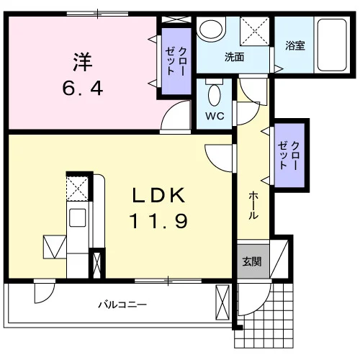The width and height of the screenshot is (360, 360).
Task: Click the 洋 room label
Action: tap(83, 61)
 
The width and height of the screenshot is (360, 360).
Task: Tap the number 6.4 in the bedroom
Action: tap(83, 88)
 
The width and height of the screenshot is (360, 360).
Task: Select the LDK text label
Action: tap(159, 195)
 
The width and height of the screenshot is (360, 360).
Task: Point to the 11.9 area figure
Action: tap(158, 221)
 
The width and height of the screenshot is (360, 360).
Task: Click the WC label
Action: tap(215, 116)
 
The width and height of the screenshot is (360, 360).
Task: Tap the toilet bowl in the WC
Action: tap(215, 95)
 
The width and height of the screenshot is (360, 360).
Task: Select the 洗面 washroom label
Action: tap(234, 57)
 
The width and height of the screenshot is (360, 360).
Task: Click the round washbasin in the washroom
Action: tap(211, 30)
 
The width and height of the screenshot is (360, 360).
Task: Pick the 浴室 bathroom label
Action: tap(295, 45)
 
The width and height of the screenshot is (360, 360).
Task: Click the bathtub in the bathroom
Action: tap(332, 45)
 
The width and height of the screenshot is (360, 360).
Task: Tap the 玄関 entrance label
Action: tap(252, 261)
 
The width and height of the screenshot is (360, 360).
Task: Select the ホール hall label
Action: tap(253, 205)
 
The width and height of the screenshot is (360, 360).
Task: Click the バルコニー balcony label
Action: tap(122, 305)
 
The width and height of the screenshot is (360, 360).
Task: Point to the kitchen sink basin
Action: tap(78, 217)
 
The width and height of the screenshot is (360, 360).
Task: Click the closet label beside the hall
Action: tap(289, 156)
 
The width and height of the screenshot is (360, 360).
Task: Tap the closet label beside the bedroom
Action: tap(176, 61)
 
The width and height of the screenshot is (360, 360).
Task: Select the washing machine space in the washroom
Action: tap(254, 31)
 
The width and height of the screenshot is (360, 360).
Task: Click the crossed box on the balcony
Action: tap(222, 302)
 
